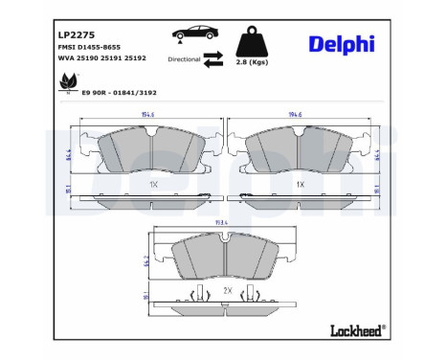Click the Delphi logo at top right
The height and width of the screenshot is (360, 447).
pyautogui.click(x=343, y=44)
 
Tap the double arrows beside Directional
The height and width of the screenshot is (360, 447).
pyautogui.click(x=213, y=59)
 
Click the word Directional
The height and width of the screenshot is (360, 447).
pyautogui.click(x=185, y=59)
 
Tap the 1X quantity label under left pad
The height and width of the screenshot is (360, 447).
pyautogui.click(x=152, y=183)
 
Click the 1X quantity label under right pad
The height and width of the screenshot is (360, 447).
pyautogui.click(x=299, y=183)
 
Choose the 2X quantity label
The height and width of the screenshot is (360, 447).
pyautogui.click(x=227, y=289)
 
